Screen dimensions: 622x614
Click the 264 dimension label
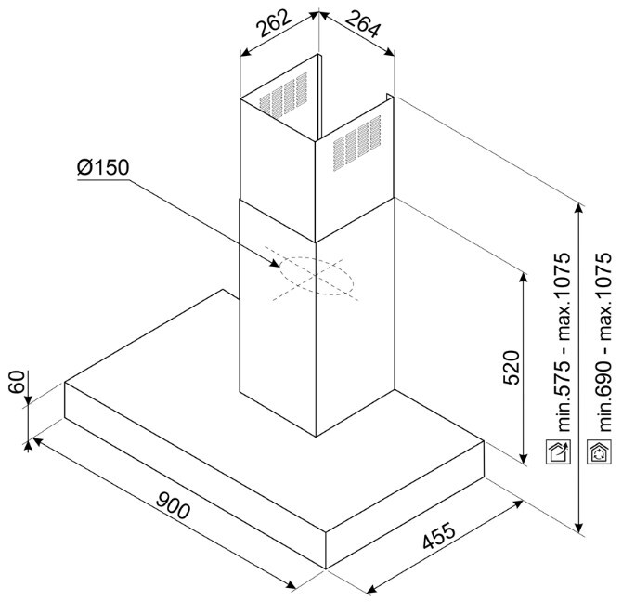pyautogui.click(x=363, y=24)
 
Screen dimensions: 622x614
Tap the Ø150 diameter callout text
pyautogui.click(x=103, y=167)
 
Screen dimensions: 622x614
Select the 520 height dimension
pyautogui.click(x=511, y=368)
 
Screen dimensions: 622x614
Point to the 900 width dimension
pyautogui.click(x=173, y=505)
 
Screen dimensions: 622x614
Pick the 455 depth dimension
pyautogui.click(x=439, y=537)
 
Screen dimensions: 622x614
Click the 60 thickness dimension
pyautogui.click(x=17, y=382)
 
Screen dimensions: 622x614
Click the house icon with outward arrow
pyautogui.click(x=559, y=451)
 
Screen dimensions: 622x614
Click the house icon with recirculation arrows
pyautogui.click(x=599, y=451)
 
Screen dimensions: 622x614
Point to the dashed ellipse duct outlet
pyautogui.click(x=317, y=276)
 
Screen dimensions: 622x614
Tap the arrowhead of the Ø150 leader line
pyautogui.click(x=275, y=264)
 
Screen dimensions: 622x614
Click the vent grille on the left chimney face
pyautogui.click(x=283, y=95)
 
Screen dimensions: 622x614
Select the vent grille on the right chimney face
pyautogui.click(x=357, y=143)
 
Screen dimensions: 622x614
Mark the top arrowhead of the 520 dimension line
pyautogui.click(x=524, y=278)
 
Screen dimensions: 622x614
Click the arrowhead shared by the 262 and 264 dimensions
pyautogui.click(x=319, y=14)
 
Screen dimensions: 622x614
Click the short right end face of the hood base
pyautogui.click(x=405, y=505)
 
